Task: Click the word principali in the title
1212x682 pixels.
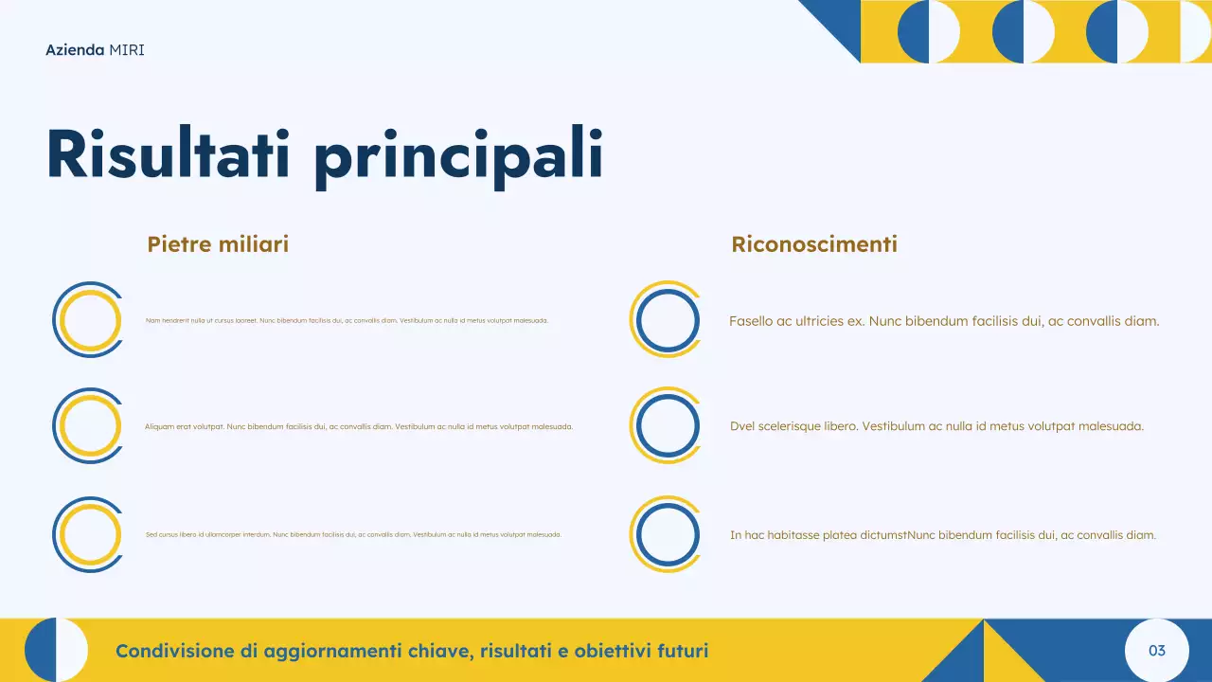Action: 458,156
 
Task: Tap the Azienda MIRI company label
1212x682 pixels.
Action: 95,49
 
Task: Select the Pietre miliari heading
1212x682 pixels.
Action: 218,244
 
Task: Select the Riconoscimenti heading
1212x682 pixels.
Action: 814,244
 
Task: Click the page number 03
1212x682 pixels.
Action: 1156,651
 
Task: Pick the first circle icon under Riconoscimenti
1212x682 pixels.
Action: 667,320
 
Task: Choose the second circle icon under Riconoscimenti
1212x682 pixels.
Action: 667,426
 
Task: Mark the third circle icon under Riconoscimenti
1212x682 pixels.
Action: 667,535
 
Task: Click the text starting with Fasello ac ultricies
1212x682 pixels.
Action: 944,321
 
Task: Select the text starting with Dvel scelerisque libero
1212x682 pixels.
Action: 936,426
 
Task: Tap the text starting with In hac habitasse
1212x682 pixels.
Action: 942,535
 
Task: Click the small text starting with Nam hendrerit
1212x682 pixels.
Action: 347,321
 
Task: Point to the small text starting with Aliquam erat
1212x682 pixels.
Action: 359,426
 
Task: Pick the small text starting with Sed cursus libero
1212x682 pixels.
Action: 353,535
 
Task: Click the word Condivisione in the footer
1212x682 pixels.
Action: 174,651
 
